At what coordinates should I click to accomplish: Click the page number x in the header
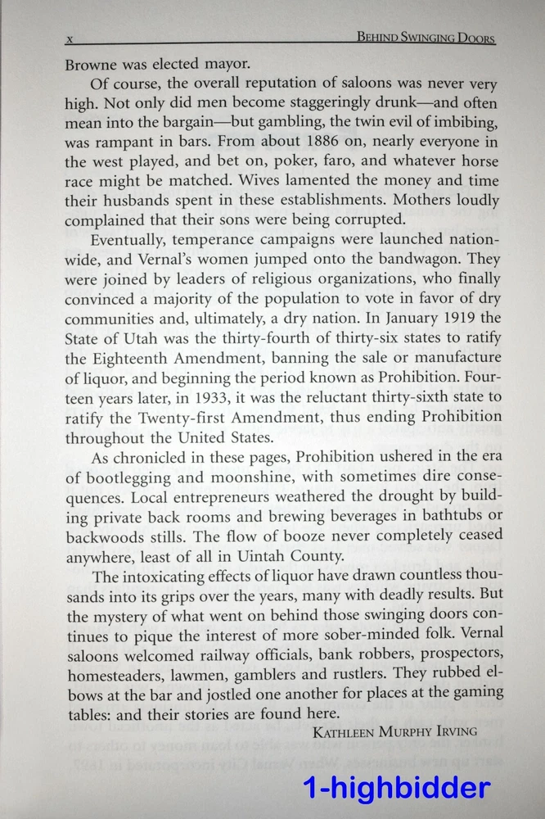[x=70, y=39]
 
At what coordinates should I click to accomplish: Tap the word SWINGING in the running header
[x=421, y=38]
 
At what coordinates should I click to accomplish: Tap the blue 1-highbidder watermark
[x=397, y=788]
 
